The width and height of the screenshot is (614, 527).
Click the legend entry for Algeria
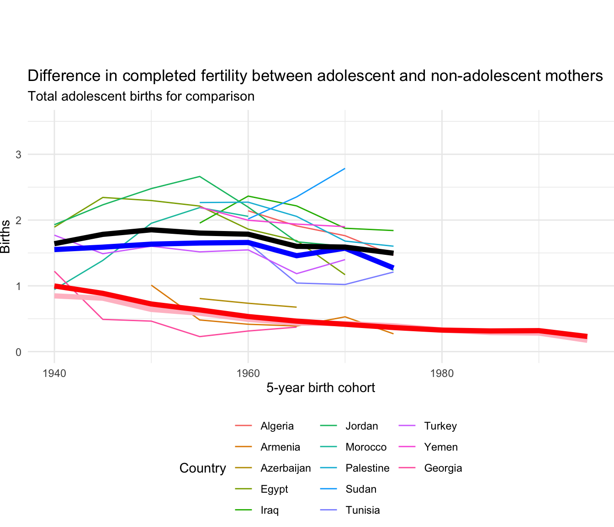click(x=277, y=426)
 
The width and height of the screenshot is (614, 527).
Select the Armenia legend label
click(x=280, y=447)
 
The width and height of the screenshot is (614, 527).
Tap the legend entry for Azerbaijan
click(x=286, y=468)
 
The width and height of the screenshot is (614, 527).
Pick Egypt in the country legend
click(x=274, y=489)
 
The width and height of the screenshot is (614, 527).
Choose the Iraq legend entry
click(x=270, y=511)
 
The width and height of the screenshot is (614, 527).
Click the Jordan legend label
click(x=362, y=426)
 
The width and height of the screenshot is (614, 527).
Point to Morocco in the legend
click(x=366, y=447)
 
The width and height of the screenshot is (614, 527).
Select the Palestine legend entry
click(x=367, y=468)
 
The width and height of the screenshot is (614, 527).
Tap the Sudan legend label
click(x=361, y=489)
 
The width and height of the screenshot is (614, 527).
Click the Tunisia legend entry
click(x=363, y=511)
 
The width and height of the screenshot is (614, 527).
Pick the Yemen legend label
click(x=441, y=447)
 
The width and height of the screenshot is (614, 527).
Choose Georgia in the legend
click(x=443, y=468)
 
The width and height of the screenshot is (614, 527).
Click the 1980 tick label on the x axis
click(x=442, y=373)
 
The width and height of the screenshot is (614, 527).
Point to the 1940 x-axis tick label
click(x=54, y=373)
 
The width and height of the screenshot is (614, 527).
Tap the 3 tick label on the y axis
click(x=19, y=155)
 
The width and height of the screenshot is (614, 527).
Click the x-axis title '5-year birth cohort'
click(x=320, y=388)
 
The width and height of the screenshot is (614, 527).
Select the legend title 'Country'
click(x=202, y=468)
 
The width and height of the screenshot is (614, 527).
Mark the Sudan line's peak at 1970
click(x=345, y=168)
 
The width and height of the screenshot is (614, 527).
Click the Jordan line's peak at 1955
click(x=200, y=176)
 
